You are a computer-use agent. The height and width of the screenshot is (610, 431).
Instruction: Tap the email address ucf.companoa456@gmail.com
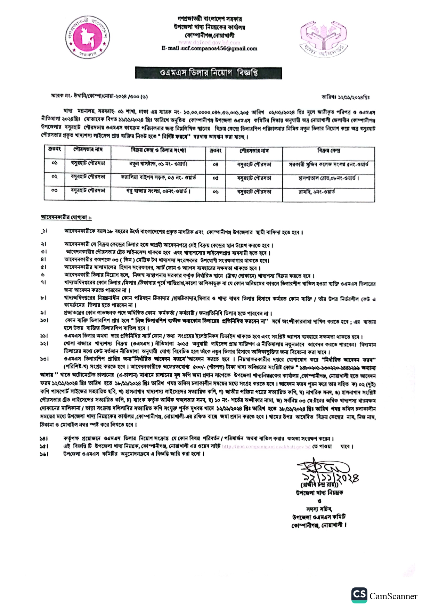pyautogui.click(x=209, y=49)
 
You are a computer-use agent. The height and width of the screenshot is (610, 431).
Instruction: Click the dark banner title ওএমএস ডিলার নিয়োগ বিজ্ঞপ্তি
pyautogui.click(x=209, y=73)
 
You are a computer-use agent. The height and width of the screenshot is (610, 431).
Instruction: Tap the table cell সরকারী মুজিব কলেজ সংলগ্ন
pyautogui.click(x=328, y=164)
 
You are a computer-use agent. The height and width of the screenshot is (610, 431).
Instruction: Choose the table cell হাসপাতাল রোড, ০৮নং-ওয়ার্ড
pyautogui.click(x=328, y=178)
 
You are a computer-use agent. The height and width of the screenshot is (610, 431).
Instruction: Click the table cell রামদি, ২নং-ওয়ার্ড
pyautogui.click(x=316, y=192)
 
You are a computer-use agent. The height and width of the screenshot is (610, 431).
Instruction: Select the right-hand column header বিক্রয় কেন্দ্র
pyautogui.click(x=328, y=151)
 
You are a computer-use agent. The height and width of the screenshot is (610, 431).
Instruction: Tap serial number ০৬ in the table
pyautogui.click(x=215, y=192)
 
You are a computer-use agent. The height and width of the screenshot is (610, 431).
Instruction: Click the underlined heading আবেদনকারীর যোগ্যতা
pyautogui.click(x=66, y=218)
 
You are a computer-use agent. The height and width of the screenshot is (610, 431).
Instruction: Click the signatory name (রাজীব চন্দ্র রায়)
pyautogui.click(x=319, y=485)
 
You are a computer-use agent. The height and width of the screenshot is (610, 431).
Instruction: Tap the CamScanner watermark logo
pyautogui.click(x=384, y=596)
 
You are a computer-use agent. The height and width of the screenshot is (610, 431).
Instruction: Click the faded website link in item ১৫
pyautogui.click(x=266, y=447)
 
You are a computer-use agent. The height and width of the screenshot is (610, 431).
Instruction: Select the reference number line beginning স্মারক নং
pyautogui.click(x=99, y=96)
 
